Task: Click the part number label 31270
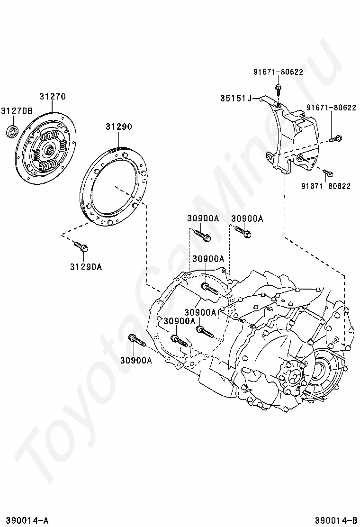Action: [52, 96]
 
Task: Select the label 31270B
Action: [16, 111]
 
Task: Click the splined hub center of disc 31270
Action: [49, 151]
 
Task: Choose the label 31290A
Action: [86, 266]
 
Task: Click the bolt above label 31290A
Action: [81, 246]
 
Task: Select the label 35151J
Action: [235, 98]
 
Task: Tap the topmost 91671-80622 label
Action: [278, 72]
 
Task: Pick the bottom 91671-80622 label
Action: [325, 186]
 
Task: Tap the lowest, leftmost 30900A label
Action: [136, 360]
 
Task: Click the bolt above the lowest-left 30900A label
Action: [136, 340]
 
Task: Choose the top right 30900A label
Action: [247, 218]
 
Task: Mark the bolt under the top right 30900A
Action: [243, 232]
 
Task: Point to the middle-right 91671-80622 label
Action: [331, 108]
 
